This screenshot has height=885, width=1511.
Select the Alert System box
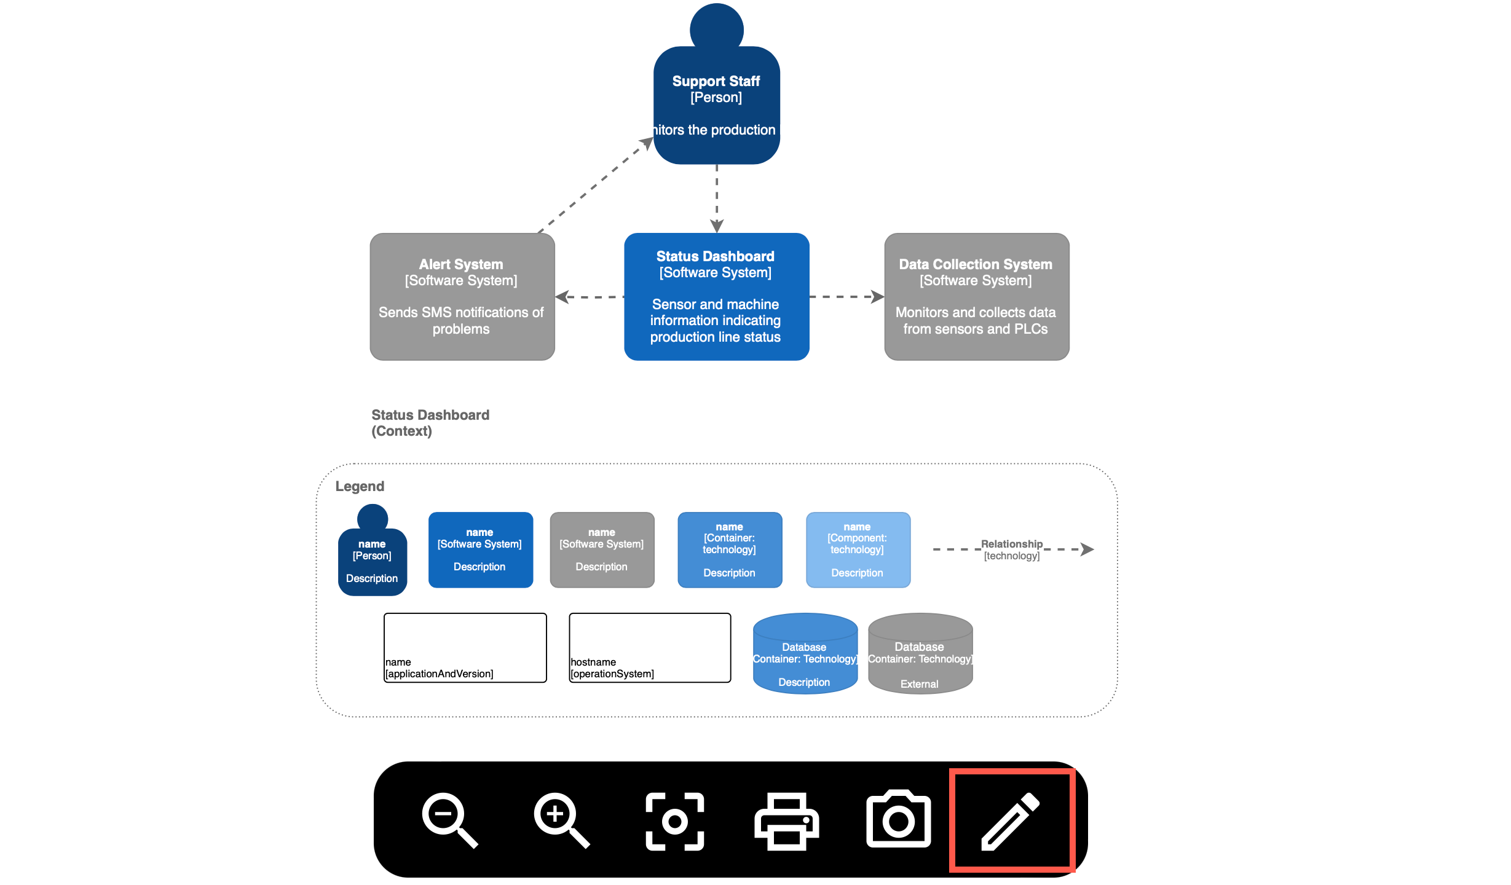pos(462,297)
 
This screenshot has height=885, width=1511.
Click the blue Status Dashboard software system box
pos(716,297)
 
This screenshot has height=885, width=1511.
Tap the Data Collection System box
pos(976,297)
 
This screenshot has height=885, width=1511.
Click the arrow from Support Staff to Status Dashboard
pos(717,197)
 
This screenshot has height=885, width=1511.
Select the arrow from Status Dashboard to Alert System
pos(590,297)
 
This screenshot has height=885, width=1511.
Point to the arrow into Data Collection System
pos(847,297)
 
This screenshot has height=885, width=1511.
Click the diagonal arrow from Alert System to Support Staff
pos(593,186)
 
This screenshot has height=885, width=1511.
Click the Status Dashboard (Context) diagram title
pos(430,423)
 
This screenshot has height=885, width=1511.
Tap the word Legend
pos(360,486)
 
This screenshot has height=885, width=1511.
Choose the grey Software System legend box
pos(602,549)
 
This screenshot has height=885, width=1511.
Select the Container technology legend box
pos(730,549)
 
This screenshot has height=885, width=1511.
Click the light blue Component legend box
pos(858,549)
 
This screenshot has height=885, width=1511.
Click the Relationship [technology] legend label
pos(1011,549)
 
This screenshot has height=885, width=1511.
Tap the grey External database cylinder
pos(920,655)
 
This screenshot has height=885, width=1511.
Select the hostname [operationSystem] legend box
pos(650,648)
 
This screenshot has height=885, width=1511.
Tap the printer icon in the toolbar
pos(786,821)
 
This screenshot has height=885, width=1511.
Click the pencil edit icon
pos(1011,821)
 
